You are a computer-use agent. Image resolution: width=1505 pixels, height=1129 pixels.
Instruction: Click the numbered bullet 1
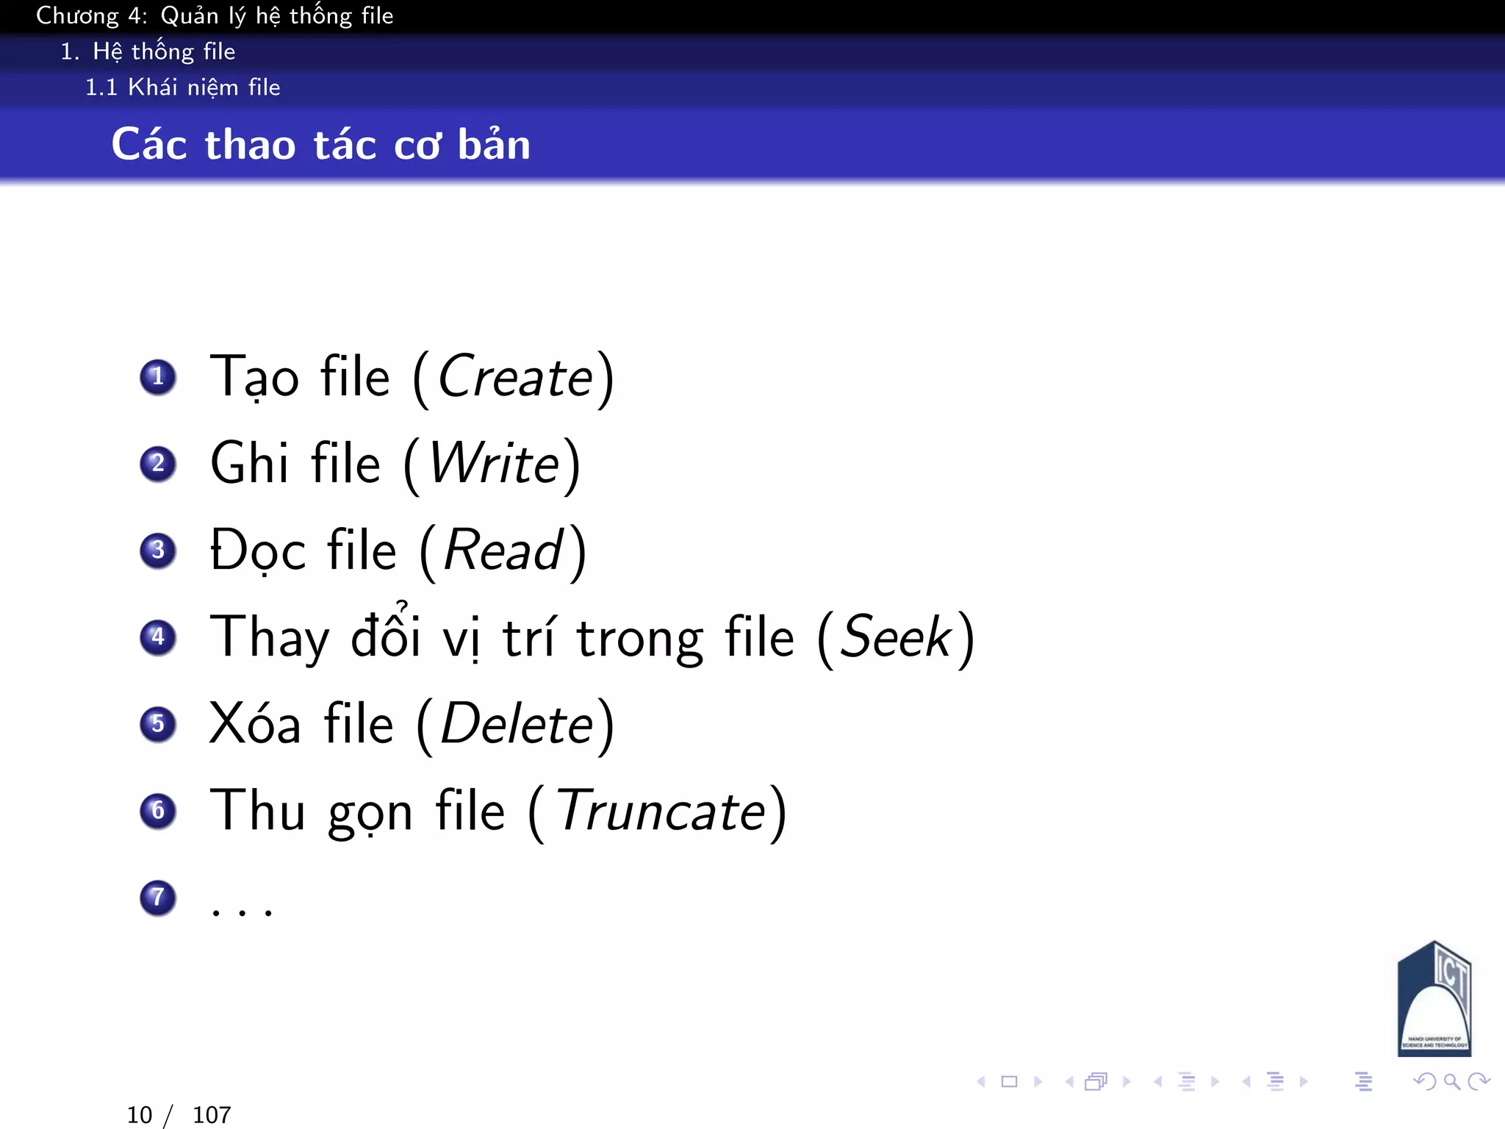tap(158, 377)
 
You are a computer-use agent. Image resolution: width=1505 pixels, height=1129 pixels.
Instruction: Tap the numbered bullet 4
tap(158, 637)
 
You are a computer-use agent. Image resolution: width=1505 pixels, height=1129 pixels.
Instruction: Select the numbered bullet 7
tap(158, 897)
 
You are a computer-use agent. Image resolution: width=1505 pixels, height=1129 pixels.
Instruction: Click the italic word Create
tap(515, 377)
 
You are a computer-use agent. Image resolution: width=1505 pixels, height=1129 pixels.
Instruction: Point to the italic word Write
tap(495, 464)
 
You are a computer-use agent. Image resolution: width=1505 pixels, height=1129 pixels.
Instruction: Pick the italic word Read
tap(503, 551)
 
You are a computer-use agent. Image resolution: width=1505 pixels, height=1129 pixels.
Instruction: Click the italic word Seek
tap(895, 637)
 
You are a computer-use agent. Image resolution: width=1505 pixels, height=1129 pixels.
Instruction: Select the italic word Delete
tap(517, 724)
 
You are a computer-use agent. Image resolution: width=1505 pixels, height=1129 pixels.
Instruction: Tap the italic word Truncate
tap(661, 811)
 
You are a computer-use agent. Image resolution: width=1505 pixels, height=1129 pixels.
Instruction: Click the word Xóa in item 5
tap(255, 724)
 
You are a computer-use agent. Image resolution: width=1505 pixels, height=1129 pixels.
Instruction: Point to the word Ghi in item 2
tap(249, 464)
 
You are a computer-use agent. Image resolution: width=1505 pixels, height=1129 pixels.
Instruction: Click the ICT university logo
tap(1433, 1000)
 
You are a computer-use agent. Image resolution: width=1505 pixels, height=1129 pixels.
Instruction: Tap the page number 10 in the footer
tap(140, 1115)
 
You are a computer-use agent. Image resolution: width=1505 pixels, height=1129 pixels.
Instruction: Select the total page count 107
tap(212, 1115)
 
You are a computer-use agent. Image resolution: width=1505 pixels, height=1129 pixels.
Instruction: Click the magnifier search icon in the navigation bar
tap(1451, 1081)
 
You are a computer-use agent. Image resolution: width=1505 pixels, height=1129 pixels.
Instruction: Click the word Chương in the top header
tap(77, 15)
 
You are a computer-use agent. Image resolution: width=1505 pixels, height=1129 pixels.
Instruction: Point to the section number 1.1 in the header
tap(101, 87)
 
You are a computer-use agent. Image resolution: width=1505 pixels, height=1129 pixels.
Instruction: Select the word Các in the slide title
tap(149, 144)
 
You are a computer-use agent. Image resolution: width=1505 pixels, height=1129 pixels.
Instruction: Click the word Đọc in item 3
tap(257, 551)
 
